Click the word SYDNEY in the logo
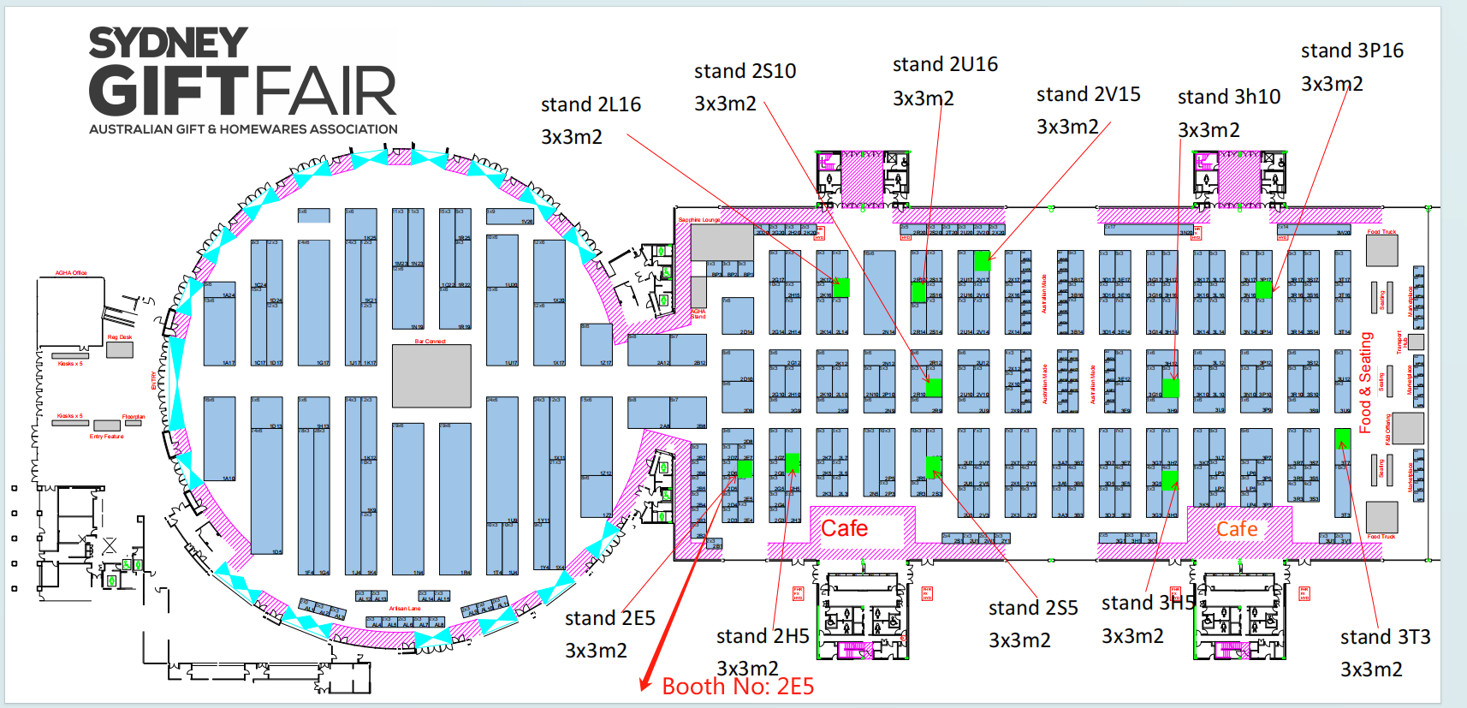point(169,43)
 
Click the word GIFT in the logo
point(168,92)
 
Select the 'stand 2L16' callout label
point(591,104)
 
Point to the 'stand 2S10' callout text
point(745,71)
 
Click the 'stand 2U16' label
point(945,64)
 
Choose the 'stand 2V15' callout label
point(1088,94)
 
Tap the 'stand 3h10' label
point(1228,97)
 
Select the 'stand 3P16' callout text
point(1351,51)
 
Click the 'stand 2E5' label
point(609,618)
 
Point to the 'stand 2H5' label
point(762,636)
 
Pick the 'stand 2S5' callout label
point(1032,608)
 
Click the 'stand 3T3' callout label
point(1385,637)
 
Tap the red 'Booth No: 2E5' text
point(738,687)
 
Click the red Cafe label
point(844,528)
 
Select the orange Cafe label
point(1237,529)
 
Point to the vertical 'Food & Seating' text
point(1366,382)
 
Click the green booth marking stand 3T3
point(1342,438)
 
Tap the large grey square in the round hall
point(431,376)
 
